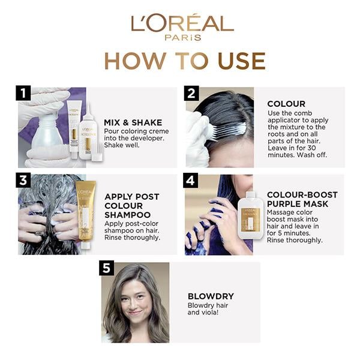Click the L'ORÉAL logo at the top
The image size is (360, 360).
point(182,23)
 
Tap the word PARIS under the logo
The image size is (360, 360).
point(182,37)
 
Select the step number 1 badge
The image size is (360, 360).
point(23,93)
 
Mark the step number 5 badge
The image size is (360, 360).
point(106,268)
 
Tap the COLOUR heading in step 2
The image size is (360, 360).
point(286,104)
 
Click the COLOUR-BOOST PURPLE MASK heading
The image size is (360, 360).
point(302,199)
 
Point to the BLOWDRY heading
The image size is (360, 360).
point(211,296)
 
